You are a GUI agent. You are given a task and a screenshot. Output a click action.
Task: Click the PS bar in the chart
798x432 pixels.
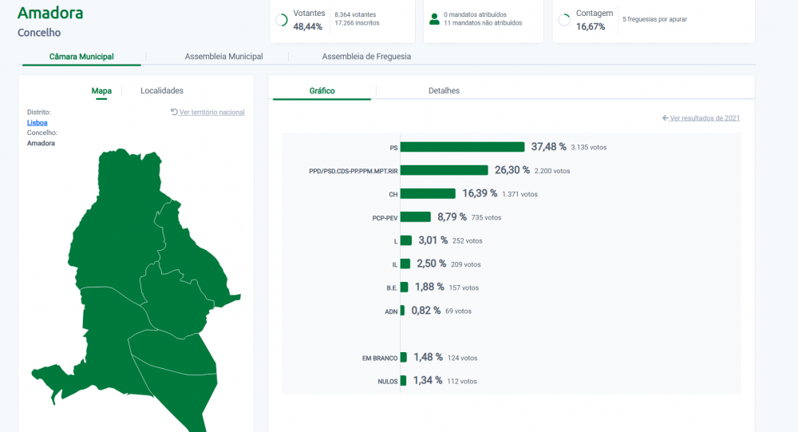pyautogui.click(x=462, y=147)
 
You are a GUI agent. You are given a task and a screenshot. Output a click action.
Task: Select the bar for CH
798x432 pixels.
pyautogui.click(x=428, y=193)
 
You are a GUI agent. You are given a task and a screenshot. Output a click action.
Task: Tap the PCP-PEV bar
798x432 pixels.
pyautogui.click(x=415, y=217)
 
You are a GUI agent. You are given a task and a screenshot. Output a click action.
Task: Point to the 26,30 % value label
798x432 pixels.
pyautogui.click(x=512, y=170)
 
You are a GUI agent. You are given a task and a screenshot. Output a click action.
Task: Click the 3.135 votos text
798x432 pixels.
pyautogui.click(x=589, y=147)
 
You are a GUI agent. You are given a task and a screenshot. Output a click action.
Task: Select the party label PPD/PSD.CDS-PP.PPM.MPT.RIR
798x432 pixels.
pyautogui.click(x=354, y=171)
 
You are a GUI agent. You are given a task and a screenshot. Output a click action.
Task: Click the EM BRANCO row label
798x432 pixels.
pyautogui.click(x=380, y=358)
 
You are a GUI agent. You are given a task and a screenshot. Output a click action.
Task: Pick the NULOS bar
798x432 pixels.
pyautogui.click(x=403, y=381)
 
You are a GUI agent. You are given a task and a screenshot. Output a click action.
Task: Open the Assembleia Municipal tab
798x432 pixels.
pyautogui.click(x=224, y=57)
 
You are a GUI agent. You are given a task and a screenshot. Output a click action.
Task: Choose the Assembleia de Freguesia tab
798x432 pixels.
pyautogui.click(x=366, y=57)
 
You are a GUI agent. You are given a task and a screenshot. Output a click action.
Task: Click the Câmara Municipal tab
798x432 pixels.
pyautogui.click(x=81, y=57)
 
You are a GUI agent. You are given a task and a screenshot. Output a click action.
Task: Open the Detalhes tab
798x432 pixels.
pyautogui.click(x=444, y=91)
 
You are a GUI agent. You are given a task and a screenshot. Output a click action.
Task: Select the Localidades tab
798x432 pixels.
pyautogui.click(x=162, y=91)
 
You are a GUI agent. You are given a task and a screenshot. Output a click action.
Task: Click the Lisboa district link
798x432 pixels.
pyautogui.click(x=38, y=123)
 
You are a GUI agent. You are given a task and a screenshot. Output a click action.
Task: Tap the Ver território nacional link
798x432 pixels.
pyautogui.click(x=207, y=112)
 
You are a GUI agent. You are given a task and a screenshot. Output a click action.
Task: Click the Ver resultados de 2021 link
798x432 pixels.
pyautogui.click(x=701, y=118)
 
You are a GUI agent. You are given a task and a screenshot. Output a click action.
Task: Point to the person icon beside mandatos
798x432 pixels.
pyautogui.click(x=434, y=19)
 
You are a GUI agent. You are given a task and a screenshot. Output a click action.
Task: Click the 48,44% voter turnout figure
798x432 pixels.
pyautogui.click(x=307, y=26)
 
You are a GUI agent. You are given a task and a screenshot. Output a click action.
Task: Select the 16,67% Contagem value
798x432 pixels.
pyautogui.click(x=591, y=26)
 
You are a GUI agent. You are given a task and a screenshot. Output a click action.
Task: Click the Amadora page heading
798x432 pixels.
pyautogui.click(x=50, y=13)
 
